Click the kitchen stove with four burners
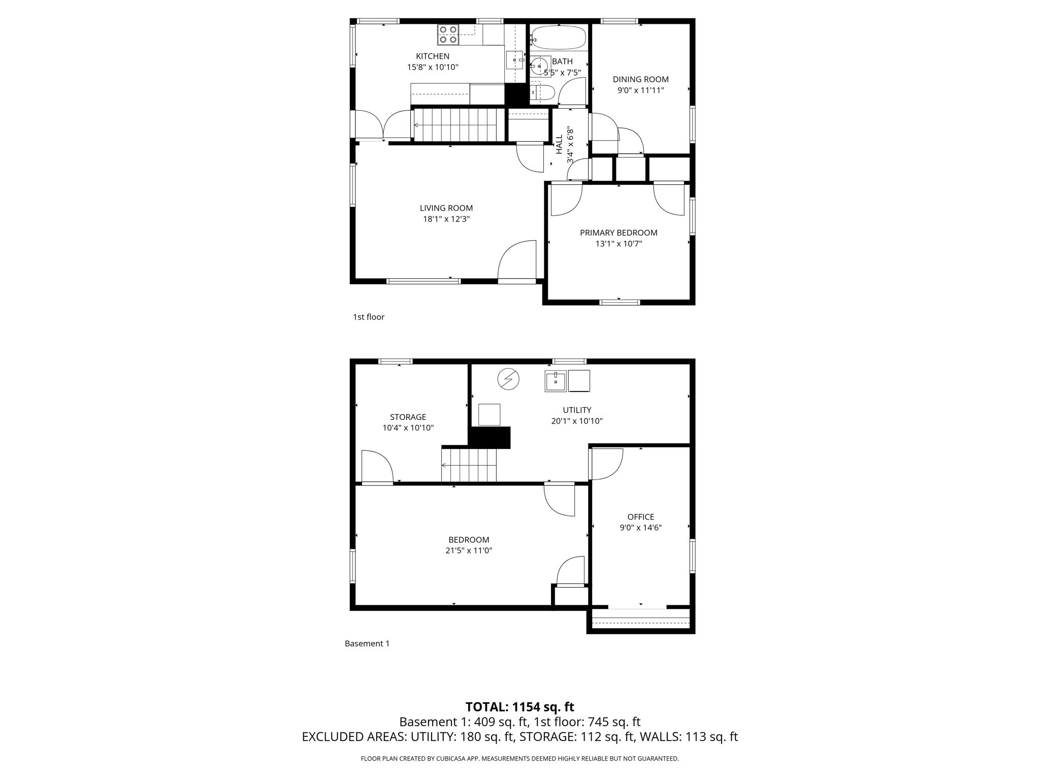pos(448,35)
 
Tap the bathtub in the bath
pos(559,38)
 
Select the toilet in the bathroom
pos(543,93)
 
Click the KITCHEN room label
pos(433,56)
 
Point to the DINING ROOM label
pos(640,79)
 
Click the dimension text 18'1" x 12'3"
pos(446,219)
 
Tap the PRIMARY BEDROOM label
pos(619,233)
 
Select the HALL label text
pos(559,145)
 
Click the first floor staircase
pos(455,125)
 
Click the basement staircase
pos(469,465)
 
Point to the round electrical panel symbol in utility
pos(508,379)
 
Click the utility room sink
pos(556,381)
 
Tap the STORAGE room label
pos(408,417)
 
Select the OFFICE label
pos(640,517)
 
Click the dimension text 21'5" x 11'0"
pos(468,550)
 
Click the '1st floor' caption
pos(369,317)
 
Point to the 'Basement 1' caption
pos(367,643)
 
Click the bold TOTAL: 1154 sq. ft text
pos(519,707)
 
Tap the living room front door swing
pos(518,261)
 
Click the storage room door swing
pos(376,467)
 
